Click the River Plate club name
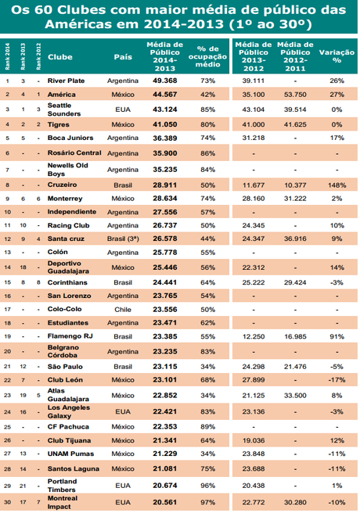click(67, 81)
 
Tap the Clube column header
click(60, 57)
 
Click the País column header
click(123, 57)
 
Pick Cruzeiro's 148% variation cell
click(337, 185)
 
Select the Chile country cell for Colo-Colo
click(123, 309)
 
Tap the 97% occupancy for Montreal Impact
click(207, 501)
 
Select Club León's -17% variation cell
click(337, 379)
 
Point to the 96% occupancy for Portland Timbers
click(207, 485)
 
